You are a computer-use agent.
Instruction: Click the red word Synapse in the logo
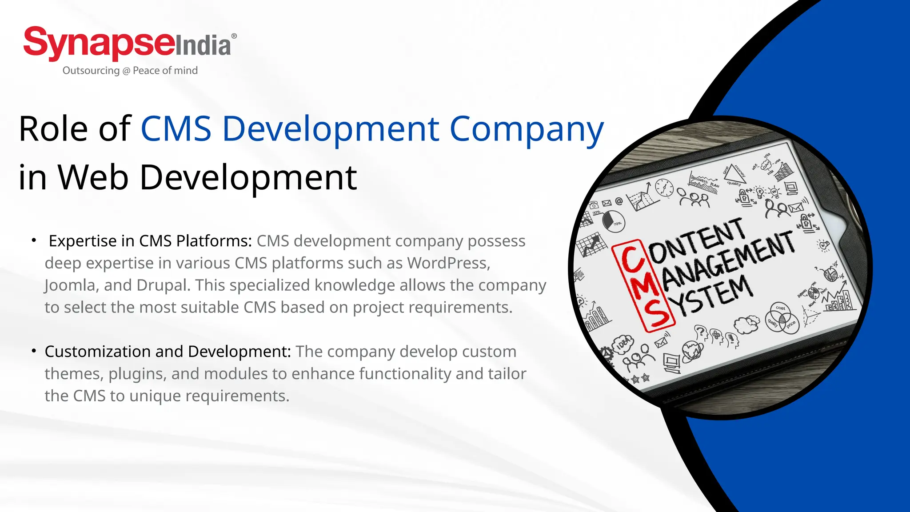click(x=99, y=43)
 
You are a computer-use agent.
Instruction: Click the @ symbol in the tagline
click(x=126, y=71)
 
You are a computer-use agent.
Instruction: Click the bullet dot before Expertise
click(x=34, y=240)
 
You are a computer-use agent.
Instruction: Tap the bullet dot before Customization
click(x=34, y=351)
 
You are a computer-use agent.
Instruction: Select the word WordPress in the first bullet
click(x=448, y=263)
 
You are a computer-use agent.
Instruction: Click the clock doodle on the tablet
click(x=664, y=188)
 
